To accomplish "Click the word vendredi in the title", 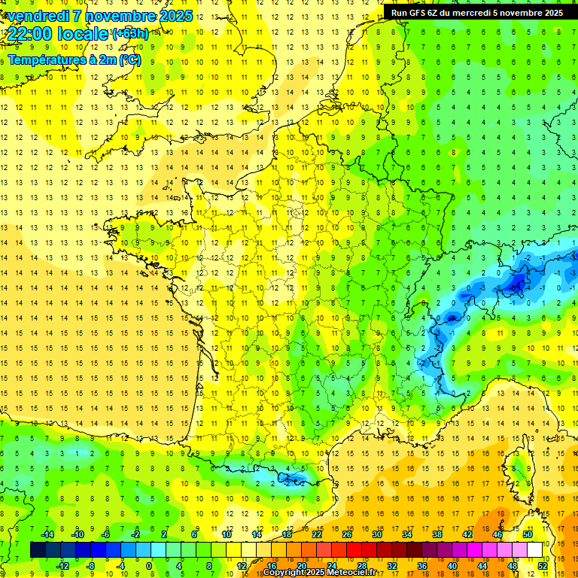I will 38,16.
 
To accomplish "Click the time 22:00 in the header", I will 29,35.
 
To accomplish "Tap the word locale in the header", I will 83,35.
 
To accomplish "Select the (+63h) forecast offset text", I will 129,34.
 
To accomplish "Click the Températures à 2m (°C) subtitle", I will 74,59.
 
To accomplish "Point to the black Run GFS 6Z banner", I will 480,12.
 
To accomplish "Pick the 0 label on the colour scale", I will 149,565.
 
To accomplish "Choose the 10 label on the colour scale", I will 226,534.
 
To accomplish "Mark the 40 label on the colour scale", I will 452,565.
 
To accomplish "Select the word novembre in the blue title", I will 121,16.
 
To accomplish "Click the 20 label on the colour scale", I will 301,565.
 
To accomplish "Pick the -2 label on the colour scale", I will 135,534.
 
